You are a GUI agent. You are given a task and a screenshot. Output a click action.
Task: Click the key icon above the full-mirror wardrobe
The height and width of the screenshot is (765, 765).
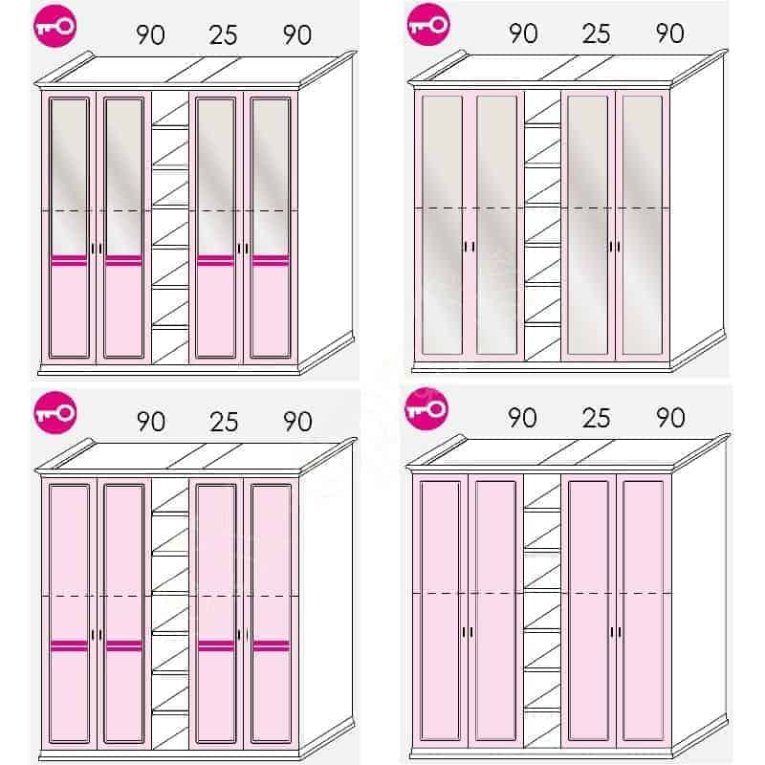[x=428, y=25]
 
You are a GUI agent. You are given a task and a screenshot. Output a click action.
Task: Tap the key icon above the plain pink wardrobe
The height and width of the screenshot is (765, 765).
[x=426, y=409]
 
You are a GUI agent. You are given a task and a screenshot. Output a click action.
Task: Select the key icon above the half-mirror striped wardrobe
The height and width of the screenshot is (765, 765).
[x=55, y=26]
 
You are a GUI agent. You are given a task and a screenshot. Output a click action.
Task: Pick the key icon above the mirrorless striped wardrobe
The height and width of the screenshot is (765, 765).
[x=55, y=413]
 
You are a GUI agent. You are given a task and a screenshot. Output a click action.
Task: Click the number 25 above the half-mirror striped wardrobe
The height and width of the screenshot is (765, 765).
[x=223, y=35]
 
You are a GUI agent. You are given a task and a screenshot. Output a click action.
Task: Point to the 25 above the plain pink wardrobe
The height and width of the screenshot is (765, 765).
[x=596, y=418]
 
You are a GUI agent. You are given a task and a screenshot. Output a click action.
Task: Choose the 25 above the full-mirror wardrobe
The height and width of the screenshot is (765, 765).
[x=596, y=33]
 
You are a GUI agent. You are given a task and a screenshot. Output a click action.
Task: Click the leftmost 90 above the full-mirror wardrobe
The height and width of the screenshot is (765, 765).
[x=523, y=33]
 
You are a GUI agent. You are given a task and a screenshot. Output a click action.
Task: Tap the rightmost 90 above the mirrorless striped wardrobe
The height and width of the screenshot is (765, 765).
[x=297, y=422]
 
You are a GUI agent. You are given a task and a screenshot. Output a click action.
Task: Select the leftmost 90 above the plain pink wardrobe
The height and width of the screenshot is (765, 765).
[x=522, y=418]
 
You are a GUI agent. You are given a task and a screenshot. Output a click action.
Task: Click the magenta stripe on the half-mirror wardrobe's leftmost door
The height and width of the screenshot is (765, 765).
[x=69, y=261]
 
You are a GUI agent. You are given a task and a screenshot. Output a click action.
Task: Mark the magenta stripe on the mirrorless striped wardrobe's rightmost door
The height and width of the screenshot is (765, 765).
[x=272, y=646]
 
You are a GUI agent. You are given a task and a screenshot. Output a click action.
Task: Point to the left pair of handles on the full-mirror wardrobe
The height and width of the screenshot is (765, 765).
[x=469, y=247]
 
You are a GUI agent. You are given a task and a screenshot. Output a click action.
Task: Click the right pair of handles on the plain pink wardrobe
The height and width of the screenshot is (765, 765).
[x=616, y=632]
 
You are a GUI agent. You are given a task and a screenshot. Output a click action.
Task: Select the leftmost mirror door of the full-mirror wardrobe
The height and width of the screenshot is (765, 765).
[x=442, y=226]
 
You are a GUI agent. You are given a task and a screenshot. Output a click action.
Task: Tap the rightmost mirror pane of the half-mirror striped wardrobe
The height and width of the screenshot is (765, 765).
[x=271, y=177]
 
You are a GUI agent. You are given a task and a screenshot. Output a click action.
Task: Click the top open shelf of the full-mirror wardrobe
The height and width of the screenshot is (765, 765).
[x=542, y=123]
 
